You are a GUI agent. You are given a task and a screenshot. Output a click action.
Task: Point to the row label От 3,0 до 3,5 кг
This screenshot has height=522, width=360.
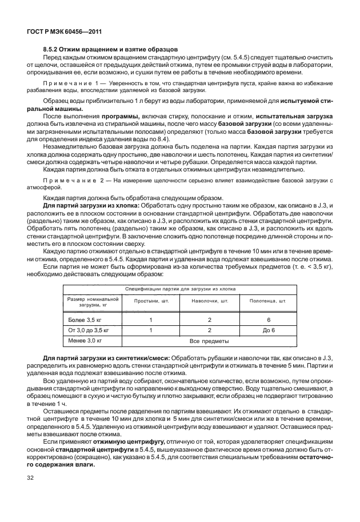coord(89,330)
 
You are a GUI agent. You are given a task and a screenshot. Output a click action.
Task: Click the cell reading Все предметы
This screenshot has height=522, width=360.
coord(209,341)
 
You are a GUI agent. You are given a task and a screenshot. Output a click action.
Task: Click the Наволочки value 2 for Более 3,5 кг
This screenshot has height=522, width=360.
coord(210,320)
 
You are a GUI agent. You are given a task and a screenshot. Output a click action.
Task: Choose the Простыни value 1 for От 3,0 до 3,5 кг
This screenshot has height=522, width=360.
coord(150,330)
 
